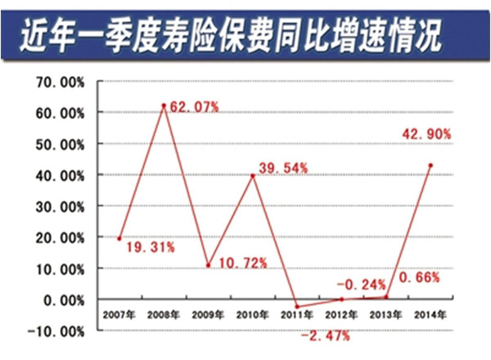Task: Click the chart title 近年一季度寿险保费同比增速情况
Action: point(245,34)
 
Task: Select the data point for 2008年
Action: point(164,106)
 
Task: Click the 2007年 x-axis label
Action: point(120,314)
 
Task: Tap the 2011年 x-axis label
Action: point(297,314)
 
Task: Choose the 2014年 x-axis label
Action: point(430,314)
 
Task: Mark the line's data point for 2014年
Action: point(430,165)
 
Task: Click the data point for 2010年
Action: point(253,175)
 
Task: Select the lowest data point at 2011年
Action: point(297,307)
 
